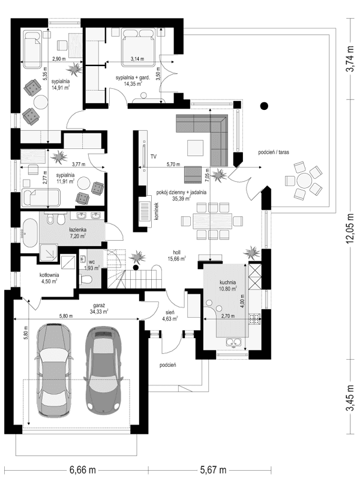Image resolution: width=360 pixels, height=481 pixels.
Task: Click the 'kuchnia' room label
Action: [227, 282]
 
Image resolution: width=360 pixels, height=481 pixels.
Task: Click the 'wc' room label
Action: [92, 262]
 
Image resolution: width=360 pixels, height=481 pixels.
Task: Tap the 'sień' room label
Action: [171, 313]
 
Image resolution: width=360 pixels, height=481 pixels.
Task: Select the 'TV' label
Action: [154, 156]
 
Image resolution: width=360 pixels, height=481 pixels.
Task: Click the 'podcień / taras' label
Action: [274, 153]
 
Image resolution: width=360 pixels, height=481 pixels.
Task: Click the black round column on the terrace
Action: [262, 107]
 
